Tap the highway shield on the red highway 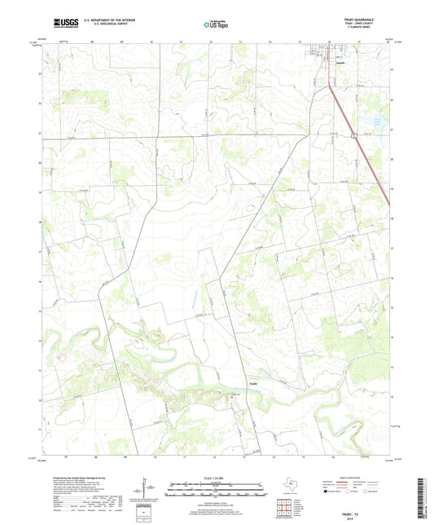pyautogui.click(x=355, y=135)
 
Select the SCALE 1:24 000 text pyautogui.click(x=217, y=476)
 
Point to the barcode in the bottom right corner pyautogui.click(x=423, y=497)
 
